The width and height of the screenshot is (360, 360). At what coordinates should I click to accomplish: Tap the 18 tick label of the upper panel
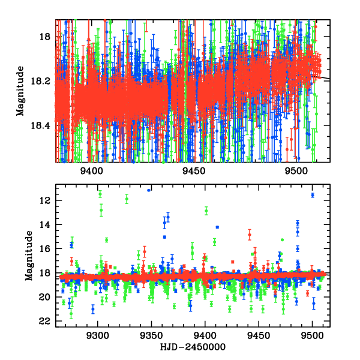pyautogui.click(x=44, y=37)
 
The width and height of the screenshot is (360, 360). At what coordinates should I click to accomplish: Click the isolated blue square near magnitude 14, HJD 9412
pyautogui.click(x=218, y=227)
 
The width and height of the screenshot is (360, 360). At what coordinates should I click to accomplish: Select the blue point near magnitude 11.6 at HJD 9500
pyautogui.click(x=313, y=195)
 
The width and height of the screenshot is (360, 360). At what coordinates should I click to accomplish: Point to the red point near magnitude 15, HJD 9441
pyautogui.click(x=250, y=235)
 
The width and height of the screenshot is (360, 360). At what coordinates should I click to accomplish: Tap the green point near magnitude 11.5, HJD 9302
pyautogui.click(x=100, y=193)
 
